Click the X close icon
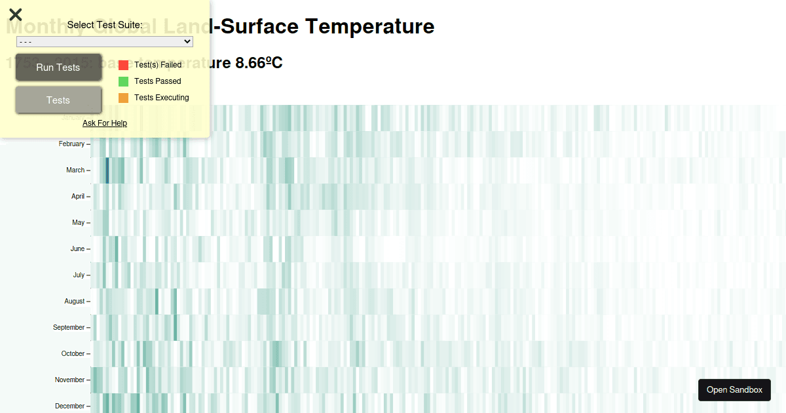coord(16,14)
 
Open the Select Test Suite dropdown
coord(105,41)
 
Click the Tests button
coord(58,100)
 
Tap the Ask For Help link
coord(105,123)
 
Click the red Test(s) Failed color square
coord(123,65)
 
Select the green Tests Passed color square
coord(123,81)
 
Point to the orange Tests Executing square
coord(123,98)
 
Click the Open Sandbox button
coord(734,390)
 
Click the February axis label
coord(71,144)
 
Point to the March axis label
coord(75,170)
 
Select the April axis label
coord(78,197)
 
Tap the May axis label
coord(78,223)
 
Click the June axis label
coord(77,249)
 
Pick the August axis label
coord(75,302)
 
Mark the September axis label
coord(69,328)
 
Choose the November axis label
coord(69,380)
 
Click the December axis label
coord(69,406)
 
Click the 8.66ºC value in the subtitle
coord(259,63)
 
